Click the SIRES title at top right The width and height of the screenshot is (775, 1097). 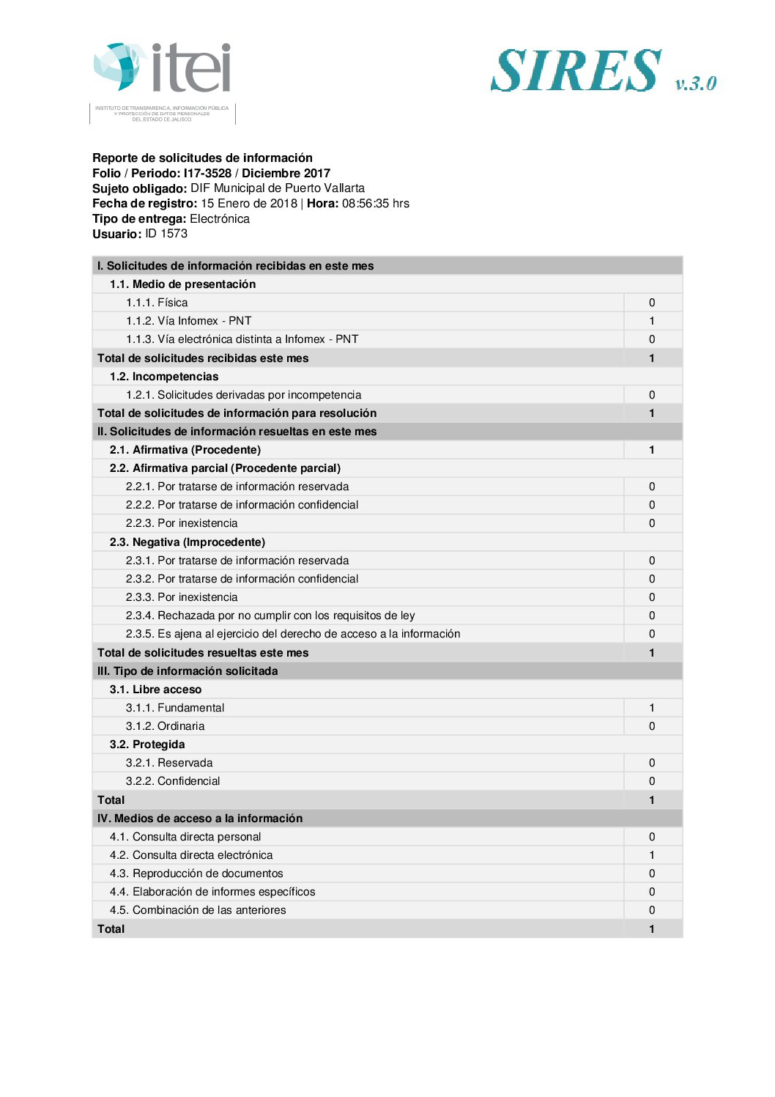[x=576, y=71]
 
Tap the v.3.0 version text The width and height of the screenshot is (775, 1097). [x=695, y=83]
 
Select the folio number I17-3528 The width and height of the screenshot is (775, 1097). [x=207, y=174]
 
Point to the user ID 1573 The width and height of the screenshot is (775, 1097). [x=166, y=234]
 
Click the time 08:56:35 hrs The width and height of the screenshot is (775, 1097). [x=375, y=204]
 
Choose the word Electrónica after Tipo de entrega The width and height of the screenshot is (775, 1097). [x=220, y=219]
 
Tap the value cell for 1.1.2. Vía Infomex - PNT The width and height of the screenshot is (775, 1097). [x=652, y=321]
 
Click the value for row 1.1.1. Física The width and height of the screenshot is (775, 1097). [x=652, y=303]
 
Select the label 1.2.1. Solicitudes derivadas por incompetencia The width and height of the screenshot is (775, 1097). [x=243, y=395]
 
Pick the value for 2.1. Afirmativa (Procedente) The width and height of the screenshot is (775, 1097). [x=652, y=450]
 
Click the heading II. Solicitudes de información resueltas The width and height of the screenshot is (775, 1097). [x=237, y=432]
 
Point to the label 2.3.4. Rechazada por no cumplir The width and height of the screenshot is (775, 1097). [x=270, y=616]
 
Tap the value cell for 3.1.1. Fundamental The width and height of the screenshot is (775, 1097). [x=652, y=708]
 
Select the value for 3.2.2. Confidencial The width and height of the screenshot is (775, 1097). [x=652, y=781]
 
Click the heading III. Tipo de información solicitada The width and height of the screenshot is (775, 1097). [x=188, y=671]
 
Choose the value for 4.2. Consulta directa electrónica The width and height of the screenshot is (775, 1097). [x=652, y=855]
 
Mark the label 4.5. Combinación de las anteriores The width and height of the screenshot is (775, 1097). [x=198, y=910]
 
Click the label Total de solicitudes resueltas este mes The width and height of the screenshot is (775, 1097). [x=203, y=653]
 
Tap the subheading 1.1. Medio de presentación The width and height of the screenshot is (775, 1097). [x=182, y=284]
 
